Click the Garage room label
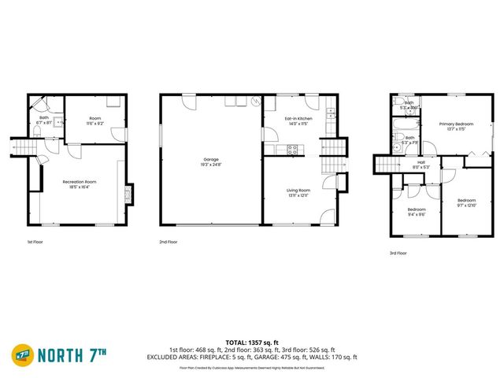[x=210, y=159]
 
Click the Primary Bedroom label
[x=456, y=124]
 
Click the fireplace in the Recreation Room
[x=130, y=195]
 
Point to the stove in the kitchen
[x=291, y=148]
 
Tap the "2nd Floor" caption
[x=168, y=242]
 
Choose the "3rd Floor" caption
[x=398, y=253]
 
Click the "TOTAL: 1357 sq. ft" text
[x=251, y=343]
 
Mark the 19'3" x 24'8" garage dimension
[x=210, y=165]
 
